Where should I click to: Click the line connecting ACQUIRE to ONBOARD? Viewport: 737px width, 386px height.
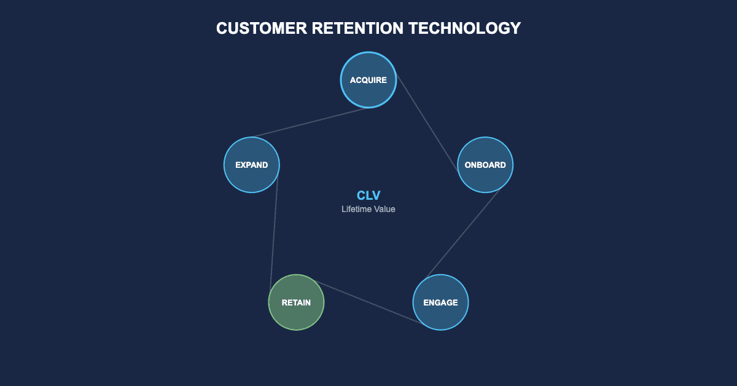click(426, 122)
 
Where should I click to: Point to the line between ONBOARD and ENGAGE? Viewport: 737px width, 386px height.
click(463, 233)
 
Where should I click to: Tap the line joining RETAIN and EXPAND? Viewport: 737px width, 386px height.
click(273, 234)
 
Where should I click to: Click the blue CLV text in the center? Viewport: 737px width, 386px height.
click(368, 195)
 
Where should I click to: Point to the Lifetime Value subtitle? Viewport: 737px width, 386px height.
click(368, 209)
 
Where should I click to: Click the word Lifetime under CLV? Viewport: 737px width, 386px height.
click(356, 209)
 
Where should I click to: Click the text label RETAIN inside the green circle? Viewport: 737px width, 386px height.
click(296, 302)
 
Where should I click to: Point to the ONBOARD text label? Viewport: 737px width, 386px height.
click(485, 165)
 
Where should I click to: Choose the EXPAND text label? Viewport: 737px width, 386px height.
click(252, 165)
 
